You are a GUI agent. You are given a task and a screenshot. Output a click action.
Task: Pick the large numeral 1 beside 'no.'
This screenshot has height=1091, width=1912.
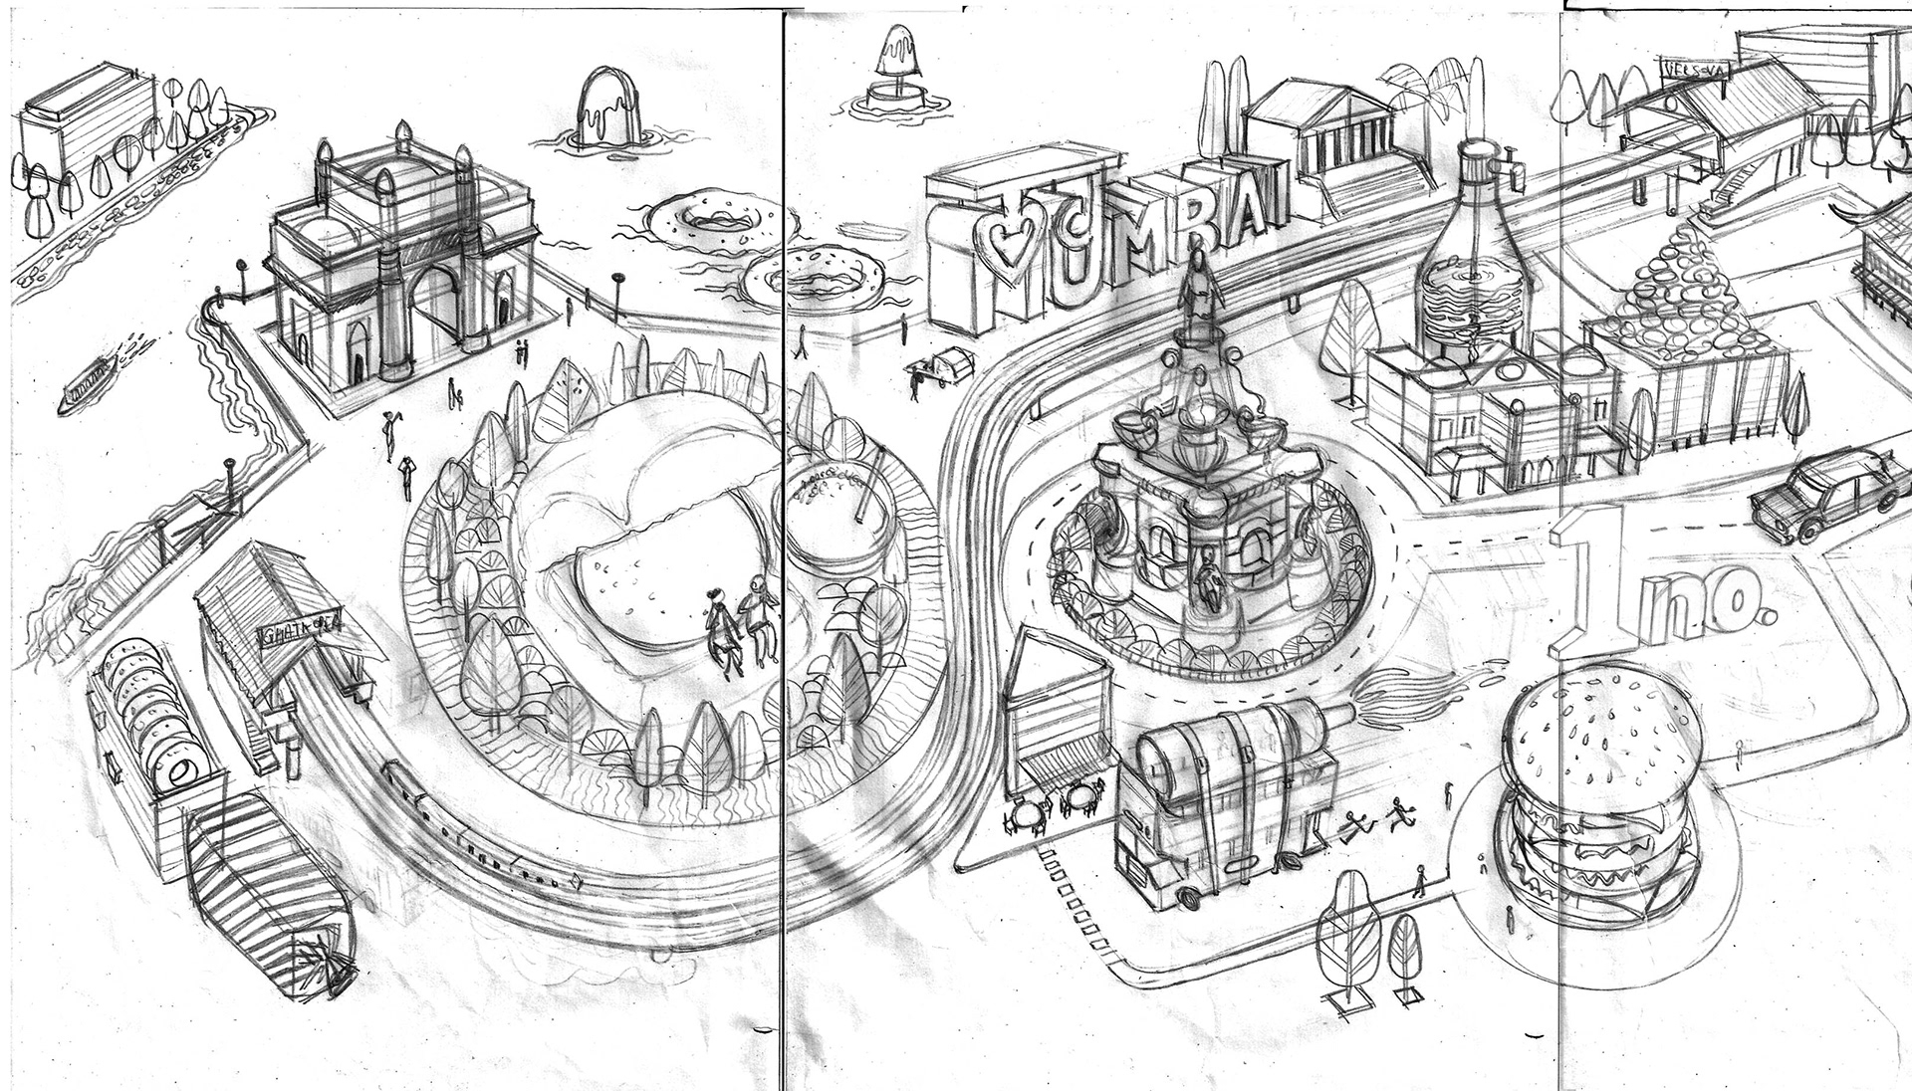click(1593, 582)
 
